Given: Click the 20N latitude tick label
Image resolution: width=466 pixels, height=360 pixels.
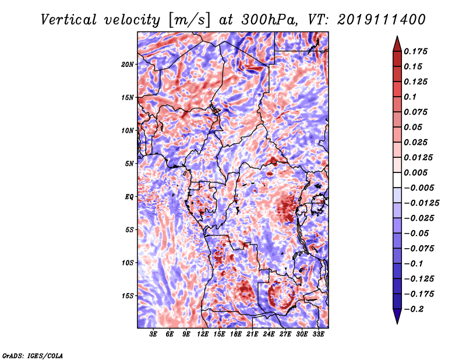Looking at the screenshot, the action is pyautogui.click(x=128, y=65).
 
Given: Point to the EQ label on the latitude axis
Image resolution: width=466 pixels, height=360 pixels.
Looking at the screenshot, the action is pyautogui.click(x=129, y=197).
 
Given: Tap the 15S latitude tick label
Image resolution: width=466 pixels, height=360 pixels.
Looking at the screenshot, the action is pyautogui.click(x=128, y=296).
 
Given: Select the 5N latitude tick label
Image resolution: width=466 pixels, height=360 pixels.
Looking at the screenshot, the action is pyautogui.click(x=129, y=164).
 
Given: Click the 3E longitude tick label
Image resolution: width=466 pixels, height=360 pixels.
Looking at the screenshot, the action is pyautogui.click(x=153, y=334).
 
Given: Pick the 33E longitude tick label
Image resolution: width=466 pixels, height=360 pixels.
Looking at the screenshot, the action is pyautogui.click(x=318, y=334).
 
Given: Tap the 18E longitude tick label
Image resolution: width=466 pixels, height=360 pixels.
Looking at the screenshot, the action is pyautogui.click(x=236, y=334).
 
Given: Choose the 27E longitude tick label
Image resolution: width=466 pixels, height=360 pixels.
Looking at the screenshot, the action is pyautogui.click(x=285, y=334).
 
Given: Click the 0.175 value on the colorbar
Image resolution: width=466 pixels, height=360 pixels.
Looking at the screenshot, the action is pyautogui.click(x=416, y=51).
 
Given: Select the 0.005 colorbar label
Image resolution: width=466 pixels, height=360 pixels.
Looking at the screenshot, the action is pyautogui.click(x=416, y=172).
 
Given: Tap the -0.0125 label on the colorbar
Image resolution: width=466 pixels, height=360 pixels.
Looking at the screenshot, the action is pyautogui.click(x=421, y=203).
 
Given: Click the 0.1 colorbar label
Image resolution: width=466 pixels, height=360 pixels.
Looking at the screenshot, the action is pyautogui.click(x=411, y=97).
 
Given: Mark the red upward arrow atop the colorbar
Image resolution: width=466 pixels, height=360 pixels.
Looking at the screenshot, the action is pyautogui.click(x=397, y=44).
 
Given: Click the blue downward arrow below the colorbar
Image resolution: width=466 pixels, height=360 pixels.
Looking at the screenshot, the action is pyautogui.click(x=397, y=316).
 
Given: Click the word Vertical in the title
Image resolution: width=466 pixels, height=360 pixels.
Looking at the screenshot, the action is pyautogui.click(x=69, y=20).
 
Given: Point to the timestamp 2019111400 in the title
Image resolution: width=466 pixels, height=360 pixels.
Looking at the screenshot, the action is pyautogui.click(x=382, y=20).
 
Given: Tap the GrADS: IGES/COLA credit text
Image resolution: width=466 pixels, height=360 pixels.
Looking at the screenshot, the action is pyautogui.click(x=33, y=355).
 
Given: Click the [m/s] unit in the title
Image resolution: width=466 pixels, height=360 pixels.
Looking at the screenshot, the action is pyautogui.click(x=189, y=20).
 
